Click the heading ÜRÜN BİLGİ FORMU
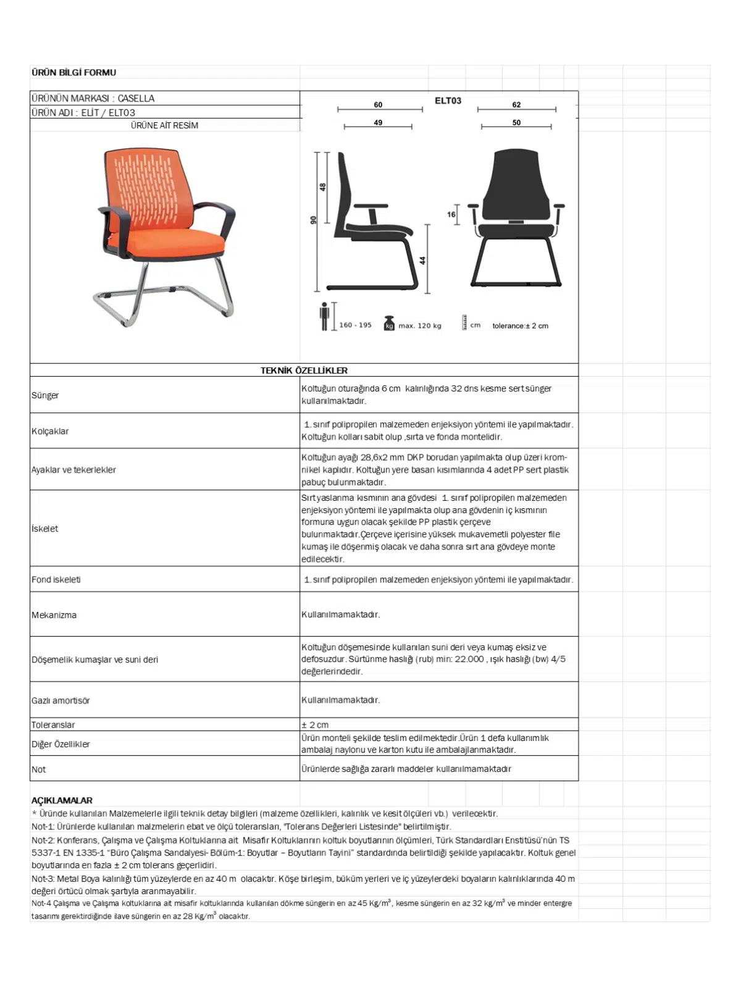coord(73,72)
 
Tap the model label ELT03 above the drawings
coord(448,101)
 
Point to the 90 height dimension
coord(314,220)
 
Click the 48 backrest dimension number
coord(322,186)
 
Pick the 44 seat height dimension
coord(423,261)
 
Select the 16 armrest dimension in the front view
coord(451,215)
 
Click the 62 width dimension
coord(516,105)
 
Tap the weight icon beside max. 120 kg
coord(389,323)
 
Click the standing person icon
coord(324,317)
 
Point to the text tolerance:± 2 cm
coord(520,326)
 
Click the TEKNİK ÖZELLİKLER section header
coord(304,371)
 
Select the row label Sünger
coord(45,395)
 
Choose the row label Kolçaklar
coord(50,431)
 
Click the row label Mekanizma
coord(54,615)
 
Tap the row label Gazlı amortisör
coord(61,701)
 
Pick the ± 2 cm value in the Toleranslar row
coord(315,725)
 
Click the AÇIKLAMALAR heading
coord(62,800)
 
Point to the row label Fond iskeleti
coord(56,580)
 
